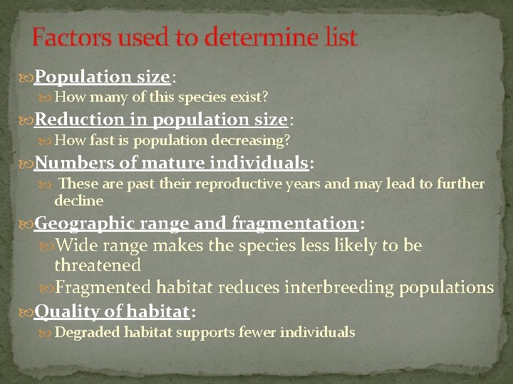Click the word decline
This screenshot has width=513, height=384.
[79, 201]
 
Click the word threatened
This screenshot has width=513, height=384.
[98, 265]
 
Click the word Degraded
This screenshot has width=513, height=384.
[87, 332]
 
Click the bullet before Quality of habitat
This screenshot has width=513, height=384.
[27, 311]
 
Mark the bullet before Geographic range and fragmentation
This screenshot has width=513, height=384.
[27, 223]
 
